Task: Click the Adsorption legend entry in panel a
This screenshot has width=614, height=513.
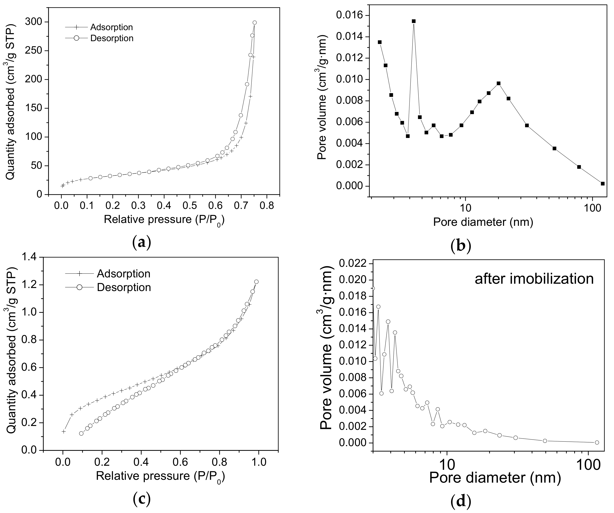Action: click(x=111, y=27)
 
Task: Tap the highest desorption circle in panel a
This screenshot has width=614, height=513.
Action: click(x=254, y=22)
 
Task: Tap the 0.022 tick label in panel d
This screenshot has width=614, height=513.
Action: click(x=353, y=264)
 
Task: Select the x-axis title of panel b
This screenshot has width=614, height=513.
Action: click(x=483, y=222)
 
